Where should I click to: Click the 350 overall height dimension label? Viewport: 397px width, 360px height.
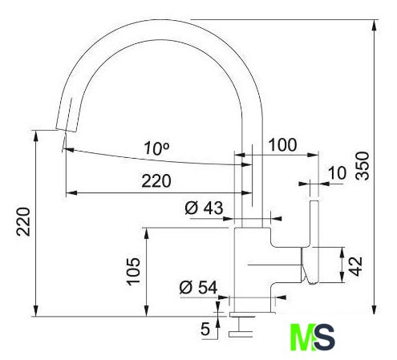(363, 165)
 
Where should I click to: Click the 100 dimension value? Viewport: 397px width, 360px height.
(282, 145)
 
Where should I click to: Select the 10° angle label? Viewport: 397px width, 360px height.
(156, 148)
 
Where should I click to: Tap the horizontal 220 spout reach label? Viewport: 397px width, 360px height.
(156, 181)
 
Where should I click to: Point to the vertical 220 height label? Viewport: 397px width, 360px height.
(23, 221)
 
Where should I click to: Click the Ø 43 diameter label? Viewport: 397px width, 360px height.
(204, 208)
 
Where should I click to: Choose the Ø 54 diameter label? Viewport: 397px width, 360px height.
(198, 287)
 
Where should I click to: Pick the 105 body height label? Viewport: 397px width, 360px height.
(133, 272)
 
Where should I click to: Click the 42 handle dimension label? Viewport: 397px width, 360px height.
(356, 266)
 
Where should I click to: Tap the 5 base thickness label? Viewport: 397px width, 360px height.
(205, 329)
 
